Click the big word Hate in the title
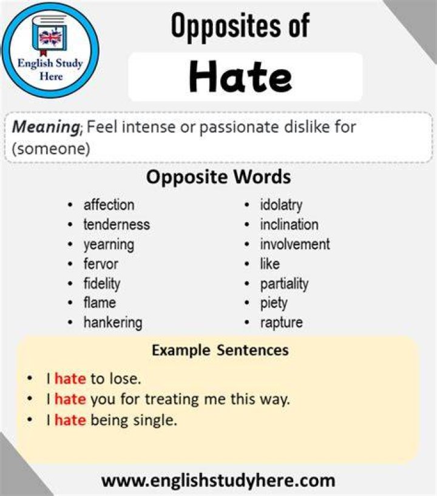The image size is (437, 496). (240, 77)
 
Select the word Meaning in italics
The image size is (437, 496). (47, 127)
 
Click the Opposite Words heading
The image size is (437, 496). (218, 177)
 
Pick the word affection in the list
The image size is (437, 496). (109, 205)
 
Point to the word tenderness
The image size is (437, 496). (117, 225)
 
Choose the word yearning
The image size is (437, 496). (109, 245)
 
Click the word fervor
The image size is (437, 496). (101, 264)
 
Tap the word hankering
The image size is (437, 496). (113, 323)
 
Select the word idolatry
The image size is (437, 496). (281, 206)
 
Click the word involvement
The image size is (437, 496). (295, 244)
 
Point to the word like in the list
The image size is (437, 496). (269, 264)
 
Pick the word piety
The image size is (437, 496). (274, 304)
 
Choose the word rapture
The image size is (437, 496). (281, 323)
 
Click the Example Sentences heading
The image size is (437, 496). (220, 350)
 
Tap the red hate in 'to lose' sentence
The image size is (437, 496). (70, 378)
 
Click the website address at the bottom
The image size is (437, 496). (218, 480)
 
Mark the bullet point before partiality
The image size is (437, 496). (247, 284)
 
